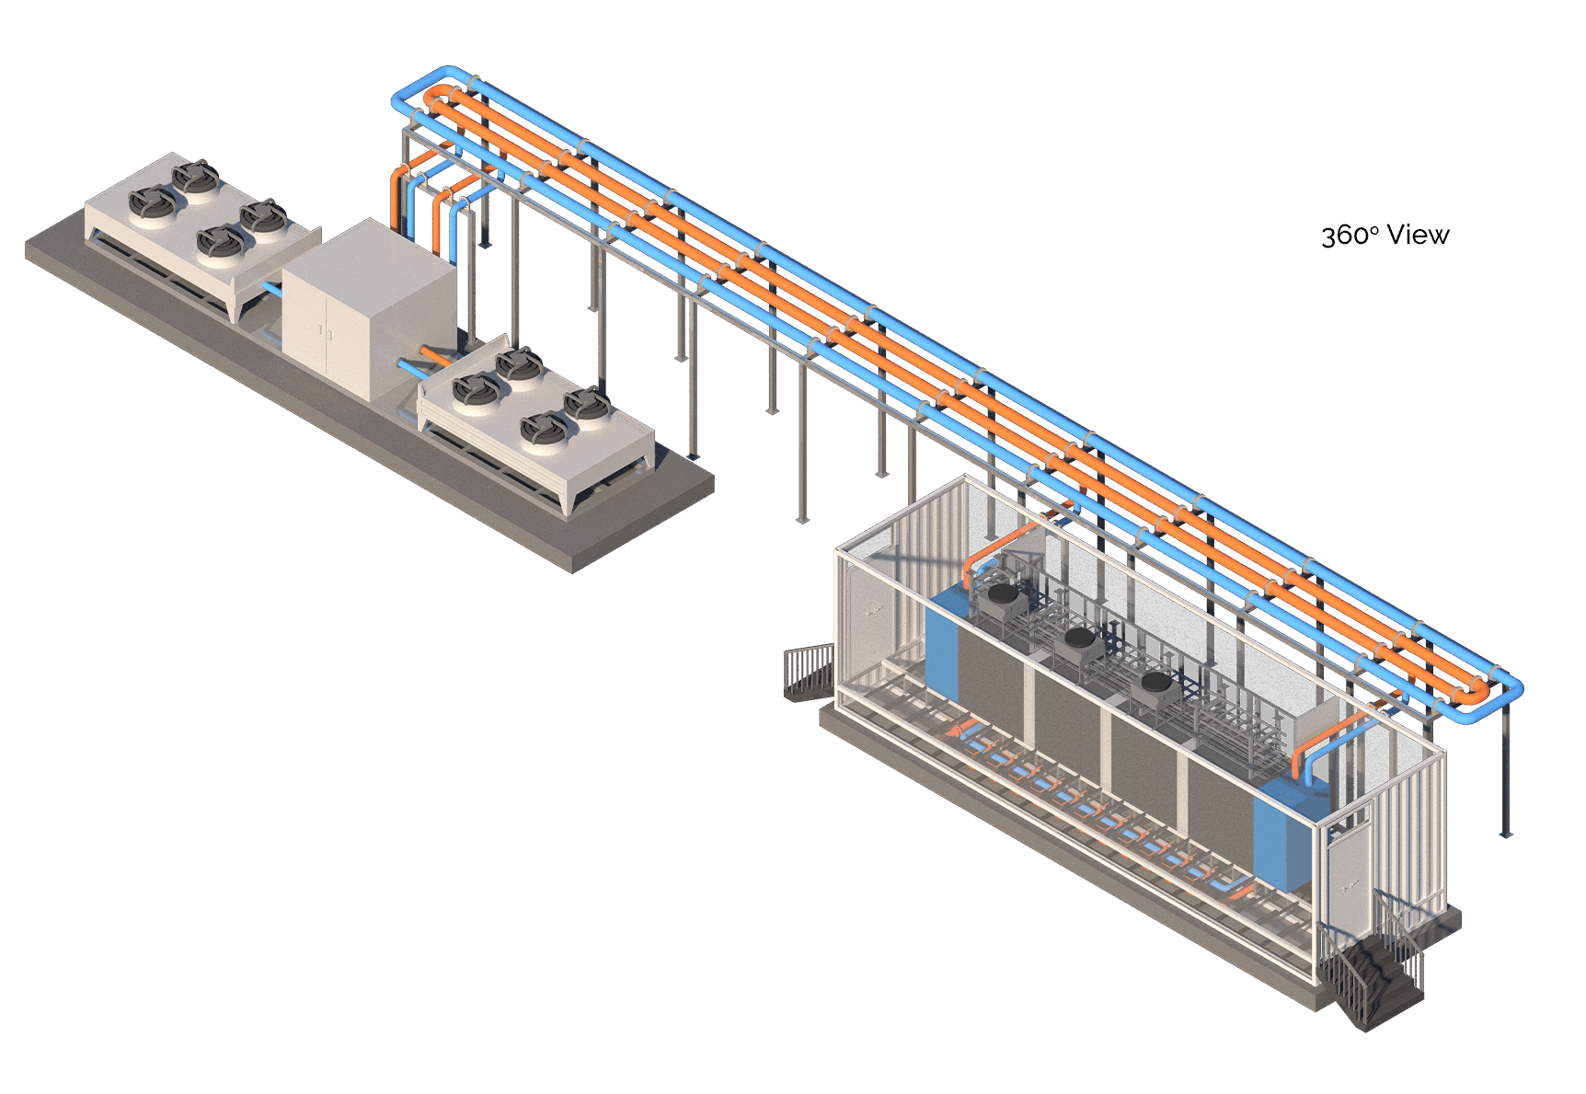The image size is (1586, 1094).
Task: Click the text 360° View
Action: [x=1385, y=236]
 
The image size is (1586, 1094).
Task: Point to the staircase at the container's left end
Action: [x=810, y=673]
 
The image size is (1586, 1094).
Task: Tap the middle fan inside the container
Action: [x=1080, y=643]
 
